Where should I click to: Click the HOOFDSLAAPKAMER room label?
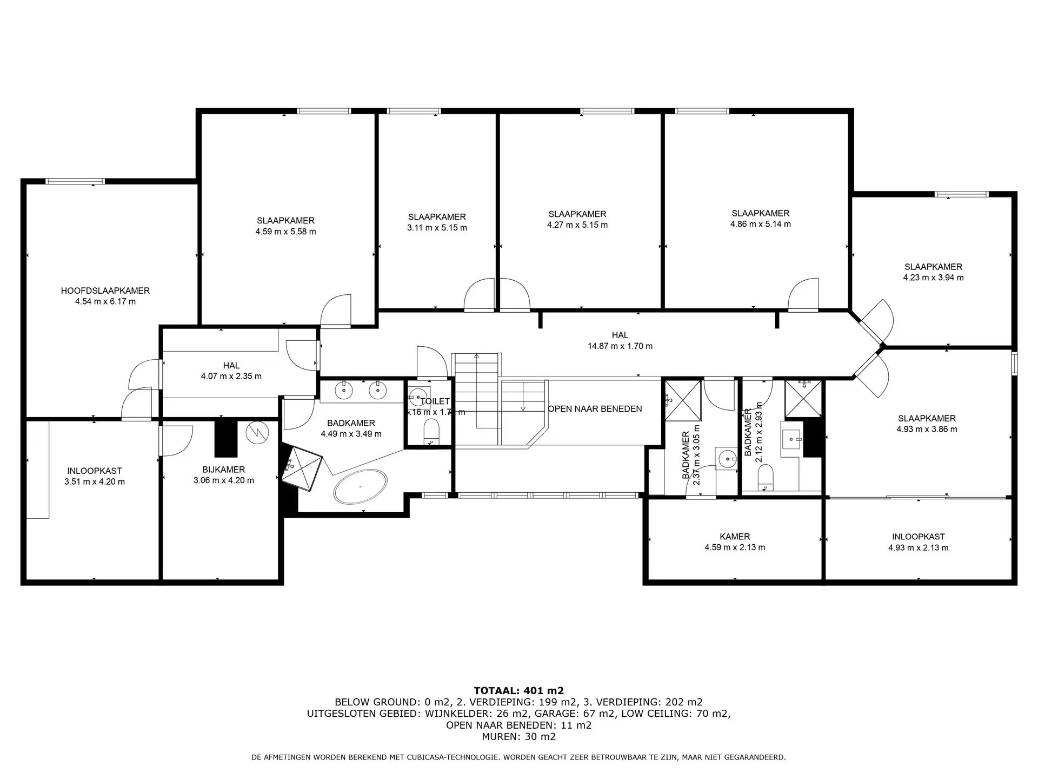[105, 291]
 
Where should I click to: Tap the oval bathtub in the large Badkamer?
[360, 486]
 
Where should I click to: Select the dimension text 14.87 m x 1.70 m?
[620, 346]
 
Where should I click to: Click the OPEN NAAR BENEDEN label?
[595, 409]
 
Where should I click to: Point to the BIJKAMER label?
[223, 470]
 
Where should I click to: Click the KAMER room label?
[734, 537]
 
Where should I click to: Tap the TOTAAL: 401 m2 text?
[518, 690]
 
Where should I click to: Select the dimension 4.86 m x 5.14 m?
[760, 224]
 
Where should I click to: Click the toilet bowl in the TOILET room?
[431, 431]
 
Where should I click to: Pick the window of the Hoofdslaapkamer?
[75, 181]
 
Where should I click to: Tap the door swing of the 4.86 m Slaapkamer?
[803, 295]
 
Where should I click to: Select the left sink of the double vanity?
[344, 389]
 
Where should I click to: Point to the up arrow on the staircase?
[476, 357]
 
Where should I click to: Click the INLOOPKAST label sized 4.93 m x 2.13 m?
[918, 537]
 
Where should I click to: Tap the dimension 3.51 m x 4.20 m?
[94, 481]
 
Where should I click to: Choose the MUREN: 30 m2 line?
[518, 736]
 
